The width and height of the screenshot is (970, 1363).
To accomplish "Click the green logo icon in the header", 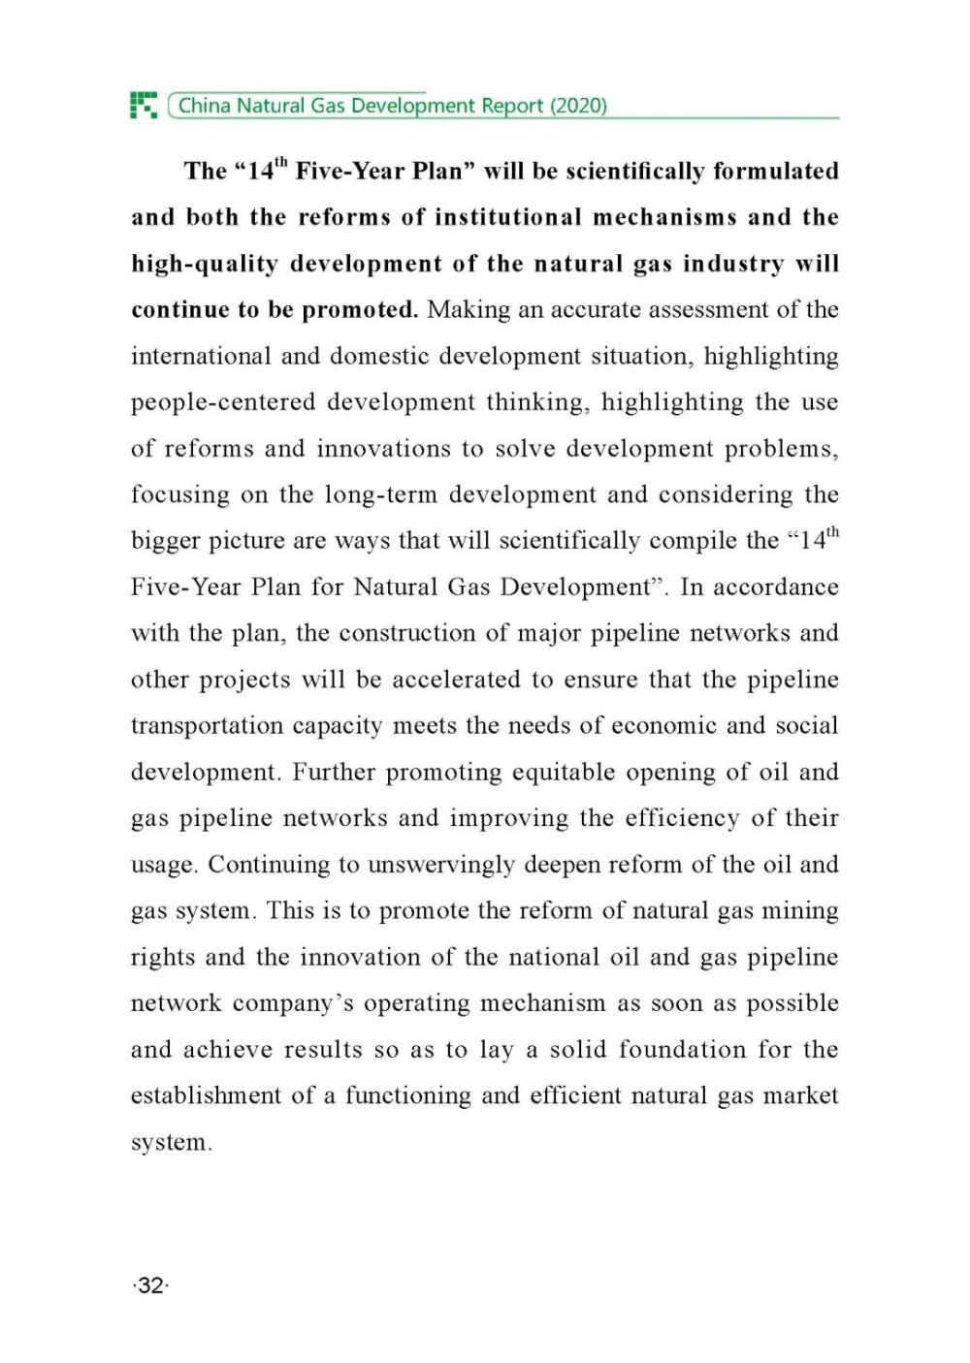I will point(144,105).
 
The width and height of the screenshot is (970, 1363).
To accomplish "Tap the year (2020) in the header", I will point(579,106).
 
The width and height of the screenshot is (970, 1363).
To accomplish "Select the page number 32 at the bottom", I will point(150,1285).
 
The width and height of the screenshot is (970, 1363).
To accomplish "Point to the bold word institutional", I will point(507,217).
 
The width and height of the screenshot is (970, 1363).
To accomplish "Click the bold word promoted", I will point(360,310).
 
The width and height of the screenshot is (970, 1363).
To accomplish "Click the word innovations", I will point(384,449).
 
